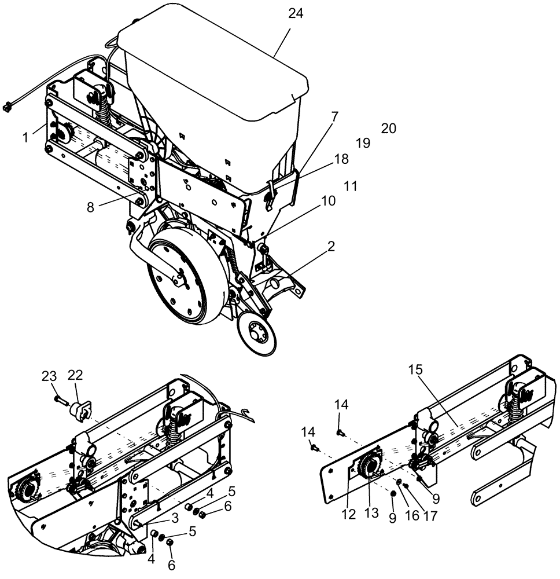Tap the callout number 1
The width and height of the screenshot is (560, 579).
(25, 137)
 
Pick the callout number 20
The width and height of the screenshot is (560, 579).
(389, 129)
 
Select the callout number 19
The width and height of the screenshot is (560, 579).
(363, 143)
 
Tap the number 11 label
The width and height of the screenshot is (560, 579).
(350, 186)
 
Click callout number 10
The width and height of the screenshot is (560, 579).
(329, 201)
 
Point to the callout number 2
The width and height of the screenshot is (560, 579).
(331, 247)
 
